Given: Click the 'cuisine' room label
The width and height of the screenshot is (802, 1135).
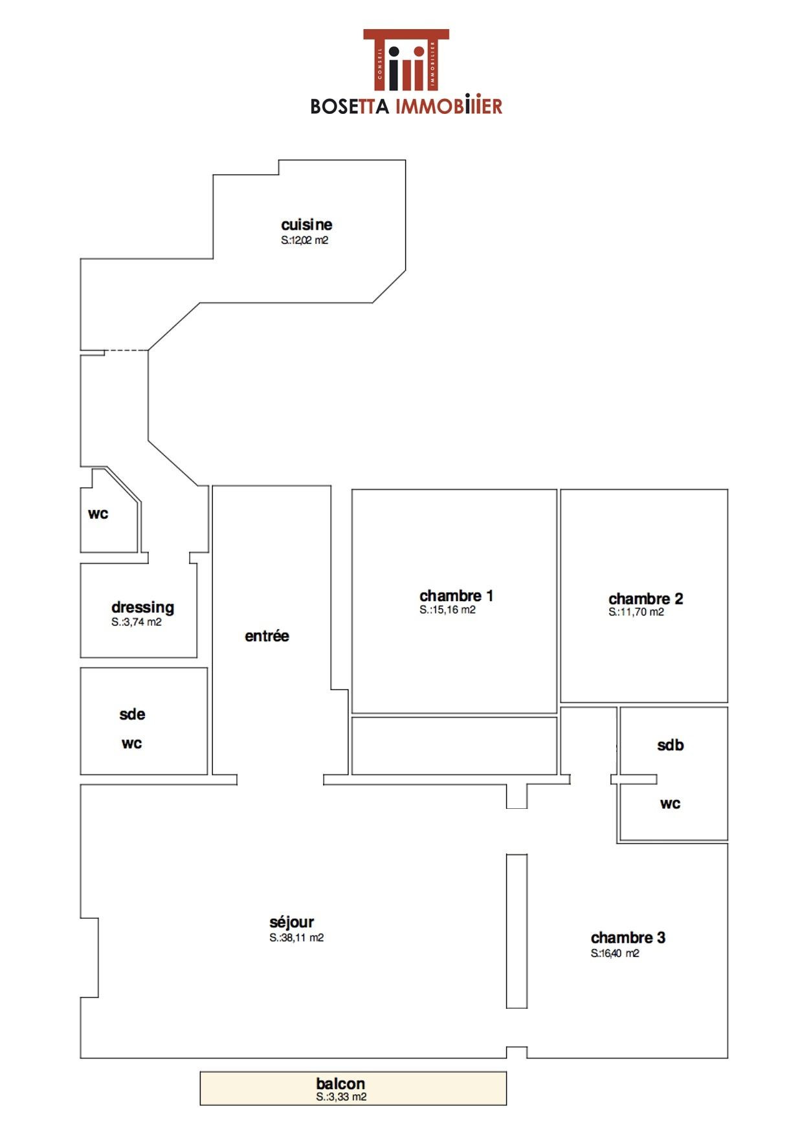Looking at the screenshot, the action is [306, 225].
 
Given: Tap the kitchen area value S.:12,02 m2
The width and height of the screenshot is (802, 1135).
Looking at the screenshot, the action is [304, 240].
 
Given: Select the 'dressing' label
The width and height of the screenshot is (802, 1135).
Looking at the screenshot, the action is [142, 608].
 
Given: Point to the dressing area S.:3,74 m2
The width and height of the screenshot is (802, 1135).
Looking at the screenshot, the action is [136, 623].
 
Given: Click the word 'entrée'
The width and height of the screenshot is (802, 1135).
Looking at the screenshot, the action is [267, 636].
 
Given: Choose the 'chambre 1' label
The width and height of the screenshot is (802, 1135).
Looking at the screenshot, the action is [456, 595].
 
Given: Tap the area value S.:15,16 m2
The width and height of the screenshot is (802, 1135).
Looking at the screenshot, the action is [447, 610].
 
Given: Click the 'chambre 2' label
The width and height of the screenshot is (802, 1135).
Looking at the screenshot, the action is [645, 599].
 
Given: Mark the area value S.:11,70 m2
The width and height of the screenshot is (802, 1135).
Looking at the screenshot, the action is [636, 612].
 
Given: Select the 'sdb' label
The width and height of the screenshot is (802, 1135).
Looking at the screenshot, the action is [670, 745].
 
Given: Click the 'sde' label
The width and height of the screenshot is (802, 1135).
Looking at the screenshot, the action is [132, 714].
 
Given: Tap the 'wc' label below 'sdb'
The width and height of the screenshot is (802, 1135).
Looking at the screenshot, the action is [670, 804].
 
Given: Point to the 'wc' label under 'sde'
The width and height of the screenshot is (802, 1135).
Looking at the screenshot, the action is [131, 744].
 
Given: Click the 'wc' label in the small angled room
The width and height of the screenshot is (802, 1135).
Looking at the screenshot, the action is [98, 514].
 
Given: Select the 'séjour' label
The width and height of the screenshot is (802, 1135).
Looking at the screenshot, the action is [291, 922].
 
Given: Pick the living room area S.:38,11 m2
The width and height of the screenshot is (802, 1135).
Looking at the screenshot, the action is [296, 938].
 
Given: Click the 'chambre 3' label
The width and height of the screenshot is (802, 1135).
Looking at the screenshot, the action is [628, 938].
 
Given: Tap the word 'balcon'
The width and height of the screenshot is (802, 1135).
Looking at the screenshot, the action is [340, 1083].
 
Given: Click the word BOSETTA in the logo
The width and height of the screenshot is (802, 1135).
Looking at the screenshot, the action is [350, 106].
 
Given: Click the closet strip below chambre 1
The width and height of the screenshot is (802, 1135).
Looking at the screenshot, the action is [454, 745].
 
